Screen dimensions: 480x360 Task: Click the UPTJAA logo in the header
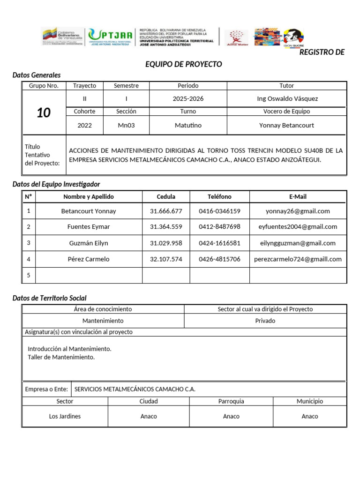(110, 37)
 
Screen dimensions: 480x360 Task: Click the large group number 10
(44, 112)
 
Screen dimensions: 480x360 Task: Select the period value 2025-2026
(188, 98)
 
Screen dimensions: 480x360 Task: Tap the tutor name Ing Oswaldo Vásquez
(286, 98)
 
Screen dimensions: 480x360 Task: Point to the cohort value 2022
(84, 125)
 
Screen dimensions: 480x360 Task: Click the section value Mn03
(126, 125)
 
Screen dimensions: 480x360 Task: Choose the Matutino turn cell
(188, 125)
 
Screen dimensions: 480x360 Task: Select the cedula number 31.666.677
(166, 211)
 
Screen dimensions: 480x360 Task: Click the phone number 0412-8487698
(219, 227)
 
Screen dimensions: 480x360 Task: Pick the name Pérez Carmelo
(89, 259)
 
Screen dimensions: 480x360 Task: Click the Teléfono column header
(219, 197)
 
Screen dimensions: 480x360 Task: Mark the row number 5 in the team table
(29, 275)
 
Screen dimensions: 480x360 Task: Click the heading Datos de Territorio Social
(49, 298)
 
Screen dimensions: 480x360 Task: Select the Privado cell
(265, 321)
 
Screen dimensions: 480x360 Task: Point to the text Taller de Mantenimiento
(61, 357)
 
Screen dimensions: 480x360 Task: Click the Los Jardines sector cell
(65, 416)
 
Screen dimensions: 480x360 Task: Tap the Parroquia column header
(231, 402)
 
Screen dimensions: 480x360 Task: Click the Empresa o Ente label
(46, 389)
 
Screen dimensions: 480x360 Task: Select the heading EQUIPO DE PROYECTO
(183, 64)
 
